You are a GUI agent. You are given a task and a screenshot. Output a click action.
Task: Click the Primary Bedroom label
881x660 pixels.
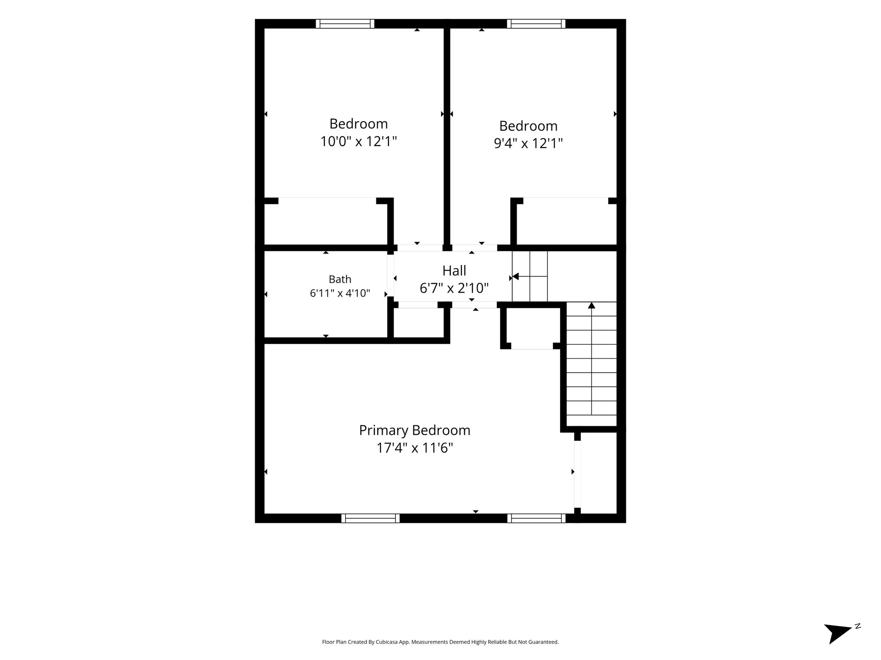(x=415, y=430)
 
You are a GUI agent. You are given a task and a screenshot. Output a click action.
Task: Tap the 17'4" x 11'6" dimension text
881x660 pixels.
(x=415, y=448)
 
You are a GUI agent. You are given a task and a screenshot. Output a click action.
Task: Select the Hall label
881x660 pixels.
(x=454, y=271)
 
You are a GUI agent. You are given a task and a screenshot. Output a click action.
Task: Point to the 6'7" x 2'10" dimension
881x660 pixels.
(x=454, y=288)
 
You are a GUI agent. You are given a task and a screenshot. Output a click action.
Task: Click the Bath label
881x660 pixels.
(x=340, y=279)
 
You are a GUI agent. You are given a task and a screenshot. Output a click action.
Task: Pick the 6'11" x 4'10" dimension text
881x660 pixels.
(x=340, y=293)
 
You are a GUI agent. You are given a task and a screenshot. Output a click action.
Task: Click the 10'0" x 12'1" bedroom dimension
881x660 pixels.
(x=358, y=141)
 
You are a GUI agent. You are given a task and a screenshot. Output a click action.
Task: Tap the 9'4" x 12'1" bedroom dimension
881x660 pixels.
(x=528, y=143)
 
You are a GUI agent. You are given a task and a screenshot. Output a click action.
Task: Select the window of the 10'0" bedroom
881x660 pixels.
(x=345, y=24)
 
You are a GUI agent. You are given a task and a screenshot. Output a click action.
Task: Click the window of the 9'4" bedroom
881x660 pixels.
(x=536, y=24)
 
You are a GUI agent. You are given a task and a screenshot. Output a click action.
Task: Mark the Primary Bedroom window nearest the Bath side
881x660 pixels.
(x=370, y=518)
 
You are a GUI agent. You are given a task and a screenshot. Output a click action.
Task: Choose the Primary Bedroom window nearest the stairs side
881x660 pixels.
(x=536, y=518)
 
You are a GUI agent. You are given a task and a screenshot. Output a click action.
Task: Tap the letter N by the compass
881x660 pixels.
(x=858, y=626)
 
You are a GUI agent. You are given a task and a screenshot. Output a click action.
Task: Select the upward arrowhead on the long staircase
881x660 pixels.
(x=591, y=305)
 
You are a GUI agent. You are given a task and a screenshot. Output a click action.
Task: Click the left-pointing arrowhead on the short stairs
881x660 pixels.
(x=515, y=276)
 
